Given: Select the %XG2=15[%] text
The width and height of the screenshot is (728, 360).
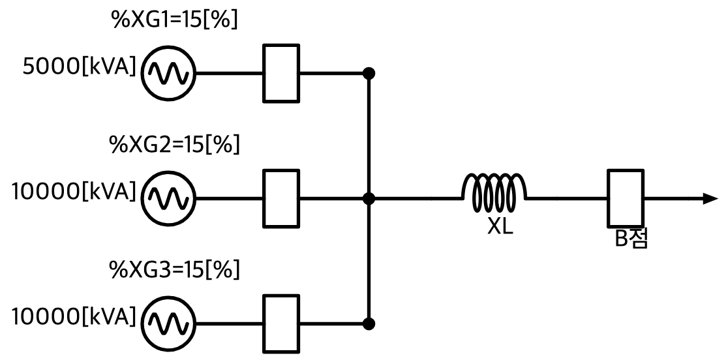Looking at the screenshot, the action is tap(174, 145).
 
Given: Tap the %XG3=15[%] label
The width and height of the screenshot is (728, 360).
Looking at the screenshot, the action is tap(174, 269).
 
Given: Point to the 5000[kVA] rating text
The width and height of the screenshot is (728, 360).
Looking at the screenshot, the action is tap(80, 67).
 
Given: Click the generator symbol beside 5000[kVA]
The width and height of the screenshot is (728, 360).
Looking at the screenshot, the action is tap(168, 73).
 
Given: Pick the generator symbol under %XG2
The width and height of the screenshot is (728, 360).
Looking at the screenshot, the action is tap(168, 198).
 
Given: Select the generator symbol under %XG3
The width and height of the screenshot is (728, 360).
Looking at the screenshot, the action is tap(168, 323).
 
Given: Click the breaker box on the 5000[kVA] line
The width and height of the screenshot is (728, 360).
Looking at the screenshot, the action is tap(281, 73).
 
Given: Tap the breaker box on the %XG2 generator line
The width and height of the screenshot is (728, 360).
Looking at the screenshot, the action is tap(281, 198).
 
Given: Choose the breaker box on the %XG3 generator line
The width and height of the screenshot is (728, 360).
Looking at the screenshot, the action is tap(281, 323).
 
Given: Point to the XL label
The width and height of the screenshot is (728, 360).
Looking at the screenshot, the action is tap(500, 226).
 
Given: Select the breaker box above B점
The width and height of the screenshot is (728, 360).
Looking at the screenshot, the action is tap(626, 198).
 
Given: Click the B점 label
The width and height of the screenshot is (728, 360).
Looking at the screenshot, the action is tap(631, 239).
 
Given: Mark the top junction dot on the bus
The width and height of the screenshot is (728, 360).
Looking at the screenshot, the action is tap(369, 73).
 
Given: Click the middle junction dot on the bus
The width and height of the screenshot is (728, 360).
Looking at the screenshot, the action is tap(369, 198).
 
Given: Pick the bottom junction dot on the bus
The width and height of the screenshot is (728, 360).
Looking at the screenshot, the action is tap(369, 323).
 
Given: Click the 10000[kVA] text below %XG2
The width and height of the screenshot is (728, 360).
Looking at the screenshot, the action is tap(74, 192).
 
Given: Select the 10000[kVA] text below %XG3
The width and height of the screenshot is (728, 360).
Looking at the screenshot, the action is tap(74, 317).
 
